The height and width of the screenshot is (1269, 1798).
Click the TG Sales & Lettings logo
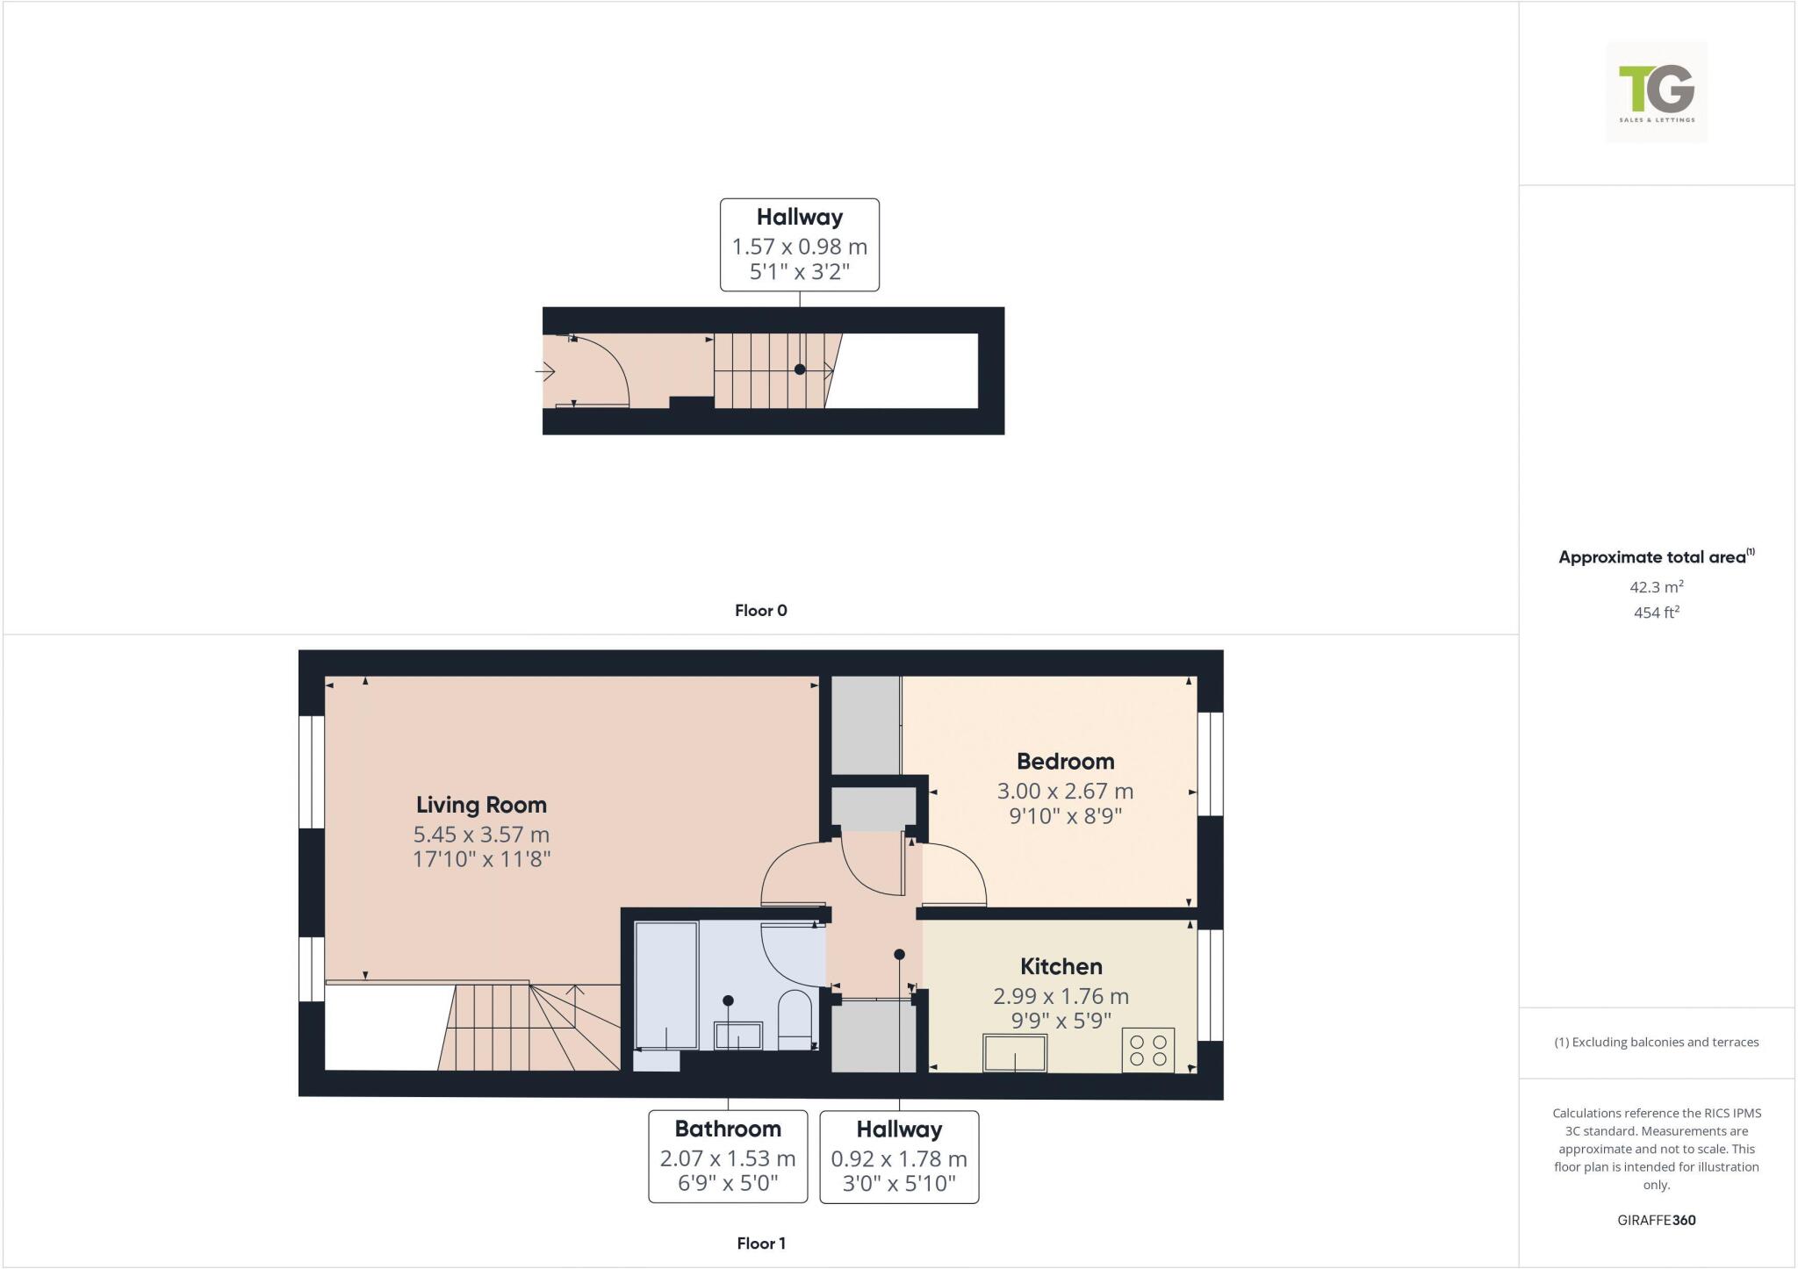pyautogui.click(x=1657, y=92)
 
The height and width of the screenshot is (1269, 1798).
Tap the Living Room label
pyautogui.click(x=481, y=805)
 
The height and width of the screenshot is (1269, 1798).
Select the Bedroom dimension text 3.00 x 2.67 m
pyautogui.click(x=1065, y=791)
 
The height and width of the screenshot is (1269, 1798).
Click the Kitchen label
pyautogui.click(x=1061, y=966)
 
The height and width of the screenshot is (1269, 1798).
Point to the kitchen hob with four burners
pyautogui.click(x=1148, y=1050)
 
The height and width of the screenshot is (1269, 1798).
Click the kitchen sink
pyautogui.click(x=1015, y=1052)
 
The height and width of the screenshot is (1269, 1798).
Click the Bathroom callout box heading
pyautogui.click(x=728, y=1129)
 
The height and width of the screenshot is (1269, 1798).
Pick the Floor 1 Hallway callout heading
pyautogui.click(x=899, y=1129)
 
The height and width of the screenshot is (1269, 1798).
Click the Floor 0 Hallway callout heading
pyautogui.click(x=800, y=217)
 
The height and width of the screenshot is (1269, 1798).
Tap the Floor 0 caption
pyautogui.click(x=761, y=611)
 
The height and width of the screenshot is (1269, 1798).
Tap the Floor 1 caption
pyautogui.click(x=761, y=1244)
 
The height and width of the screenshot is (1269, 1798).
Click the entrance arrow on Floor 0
pyautogui.click(x=545, y=372)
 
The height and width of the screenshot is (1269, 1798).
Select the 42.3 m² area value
pyautogui.click(x=1657, y=587)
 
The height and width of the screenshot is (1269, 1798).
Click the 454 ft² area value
pyautogui.click(x=1657, y=613)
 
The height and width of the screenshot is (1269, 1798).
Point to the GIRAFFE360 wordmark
pyautogui.click(x=1657, y=1220)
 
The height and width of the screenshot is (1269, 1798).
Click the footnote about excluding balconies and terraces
pyautogui.click(x=1657, y=1043)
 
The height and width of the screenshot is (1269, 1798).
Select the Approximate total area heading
pyautogui.click(x=1652, y=557)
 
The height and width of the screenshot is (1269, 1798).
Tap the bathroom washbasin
pyautogui.click(x=738, y=1036)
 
